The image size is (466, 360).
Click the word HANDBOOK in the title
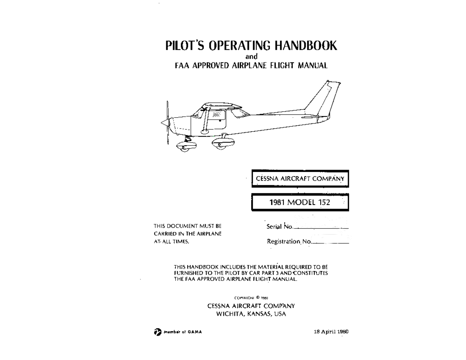tap(306, 45)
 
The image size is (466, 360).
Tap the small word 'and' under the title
tap(251, 57)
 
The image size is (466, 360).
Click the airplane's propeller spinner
tap(165, 123)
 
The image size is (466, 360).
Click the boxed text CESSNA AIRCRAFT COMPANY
tap(300, 179)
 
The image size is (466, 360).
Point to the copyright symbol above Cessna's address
tap(258, 297)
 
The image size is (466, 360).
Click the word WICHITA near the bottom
tap(230, 314)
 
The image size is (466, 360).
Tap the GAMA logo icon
tap(157, 332)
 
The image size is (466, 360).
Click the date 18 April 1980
tap(331, 332)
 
